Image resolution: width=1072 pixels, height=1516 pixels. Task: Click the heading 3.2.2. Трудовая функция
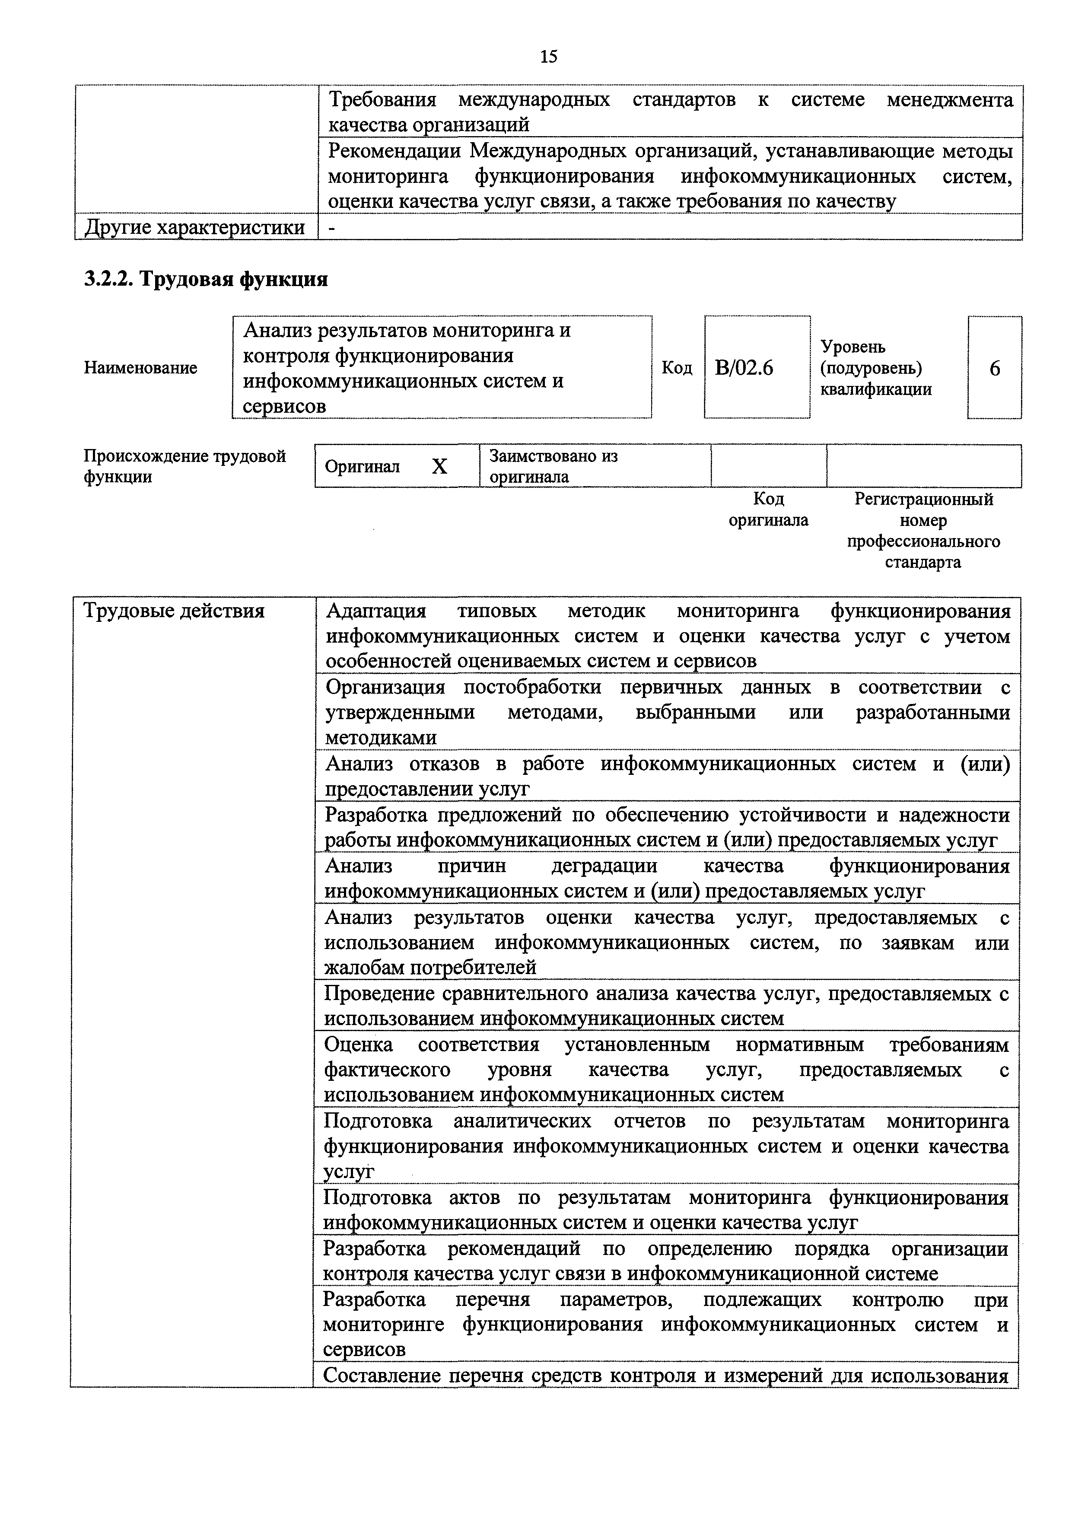206,279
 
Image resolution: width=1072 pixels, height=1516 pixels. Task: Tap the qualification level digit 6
994,368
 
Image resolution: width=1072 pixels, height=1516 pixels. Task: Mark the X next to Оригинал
439,467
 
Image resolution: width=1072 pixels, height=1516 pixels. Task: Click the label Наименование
140,368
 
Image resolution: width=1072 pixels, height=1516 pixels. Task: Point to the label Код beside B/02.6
677,368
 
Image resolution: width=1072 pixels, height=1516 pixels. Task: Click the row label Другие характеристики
195,227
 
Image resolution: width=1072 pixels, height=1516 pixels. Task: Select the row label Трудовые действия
174,611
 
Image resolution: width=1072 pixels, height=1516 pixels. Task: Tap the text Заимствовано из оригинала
553,466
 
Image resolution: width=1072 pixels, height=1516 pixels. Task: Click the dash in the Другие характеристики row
331,227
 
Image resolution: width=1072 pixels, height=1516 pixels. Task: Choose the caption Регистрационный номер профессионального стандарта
923,530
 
